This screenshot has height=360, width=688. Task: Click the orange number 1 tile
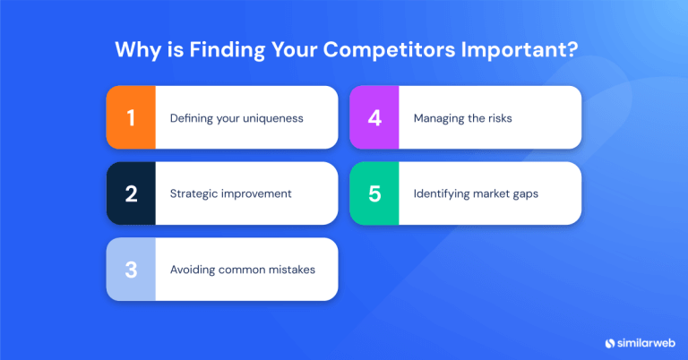point(131,117)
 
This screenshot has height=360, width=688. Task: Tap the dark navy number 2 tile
point(131,193)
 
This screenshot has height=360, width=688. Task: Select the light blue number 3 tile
point(131,269)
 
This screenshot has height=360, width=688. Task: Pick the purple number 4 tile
point(374,117)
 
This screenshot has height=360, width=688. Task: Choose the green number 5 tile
point(374,193)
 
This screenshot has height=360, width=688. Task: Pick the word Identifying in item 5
point(443,193)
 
